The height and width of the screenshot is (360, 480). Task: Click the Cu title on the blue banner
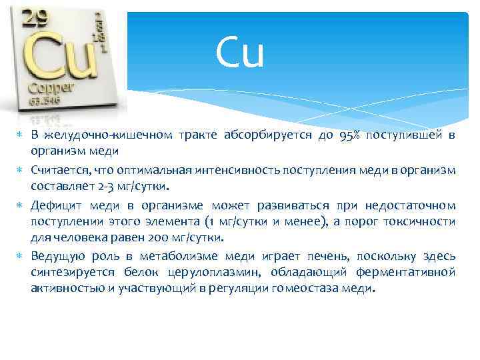(240, 54)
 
